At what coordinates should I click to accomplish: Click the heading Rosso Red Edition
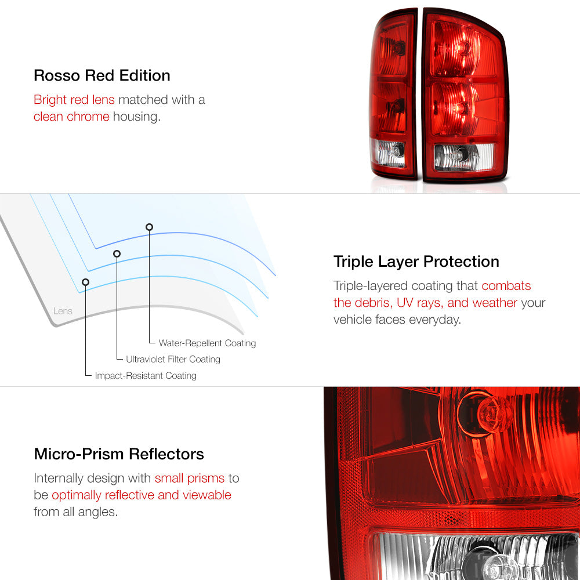point(101,75)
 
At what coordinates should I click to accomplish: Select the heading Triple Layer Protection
point(416,262)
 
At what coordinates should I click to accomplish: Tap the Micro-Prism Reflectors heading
point(119,454)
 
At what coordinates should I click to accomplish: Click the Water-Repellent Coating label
point(207,343)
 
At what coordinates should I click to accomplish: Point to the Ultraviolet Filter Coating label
point(173,359)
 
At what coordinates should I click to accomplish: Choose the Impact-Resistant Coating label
point(146,375)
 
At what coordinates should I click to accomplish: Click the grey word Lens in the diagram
point(63,311)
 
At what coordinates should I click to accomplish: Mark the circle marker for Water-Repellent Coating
point(149,227)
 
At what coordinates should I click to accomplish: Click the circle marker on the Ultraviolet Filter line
point(117,254)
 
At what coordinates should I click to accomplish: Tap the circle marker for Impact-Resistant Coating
point(85,282)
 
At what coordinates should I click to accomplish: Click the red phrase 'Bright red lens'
point(74,100)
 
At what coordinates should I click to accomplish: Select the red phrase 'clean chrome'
point(71,117)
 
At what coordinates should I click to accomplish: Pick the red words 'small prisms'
point(190,478)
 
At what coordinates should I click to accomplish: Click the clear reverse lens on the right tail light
point(463,157)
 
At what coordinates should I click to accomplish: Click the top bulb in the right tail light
point(462,47)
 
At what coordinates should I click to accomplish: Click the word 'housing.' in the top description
point(136,117)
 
